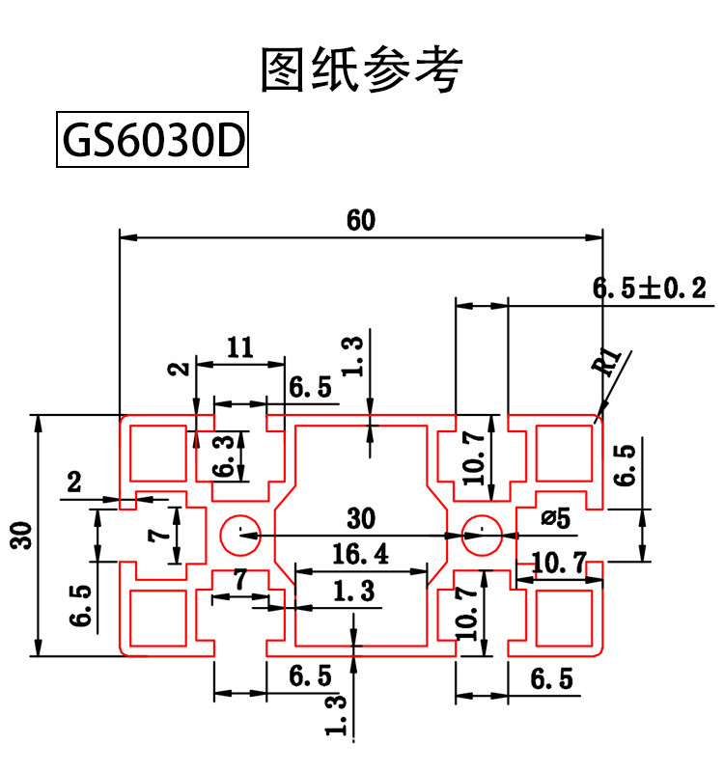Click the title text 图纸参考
(362, 69)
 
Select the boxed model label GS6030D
(153, 142)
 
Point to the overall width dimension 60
(361, 220)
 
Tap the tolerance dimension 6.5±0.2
(649, 288)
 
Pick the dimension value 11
(239, 347)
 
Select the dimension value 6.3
(224, 455)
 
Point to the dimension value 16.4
(360, 553)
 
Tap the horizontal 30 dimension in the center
(360, 518)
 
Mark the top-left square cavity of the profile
(157, 451)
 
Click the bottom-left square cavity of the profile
(157, 618)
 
